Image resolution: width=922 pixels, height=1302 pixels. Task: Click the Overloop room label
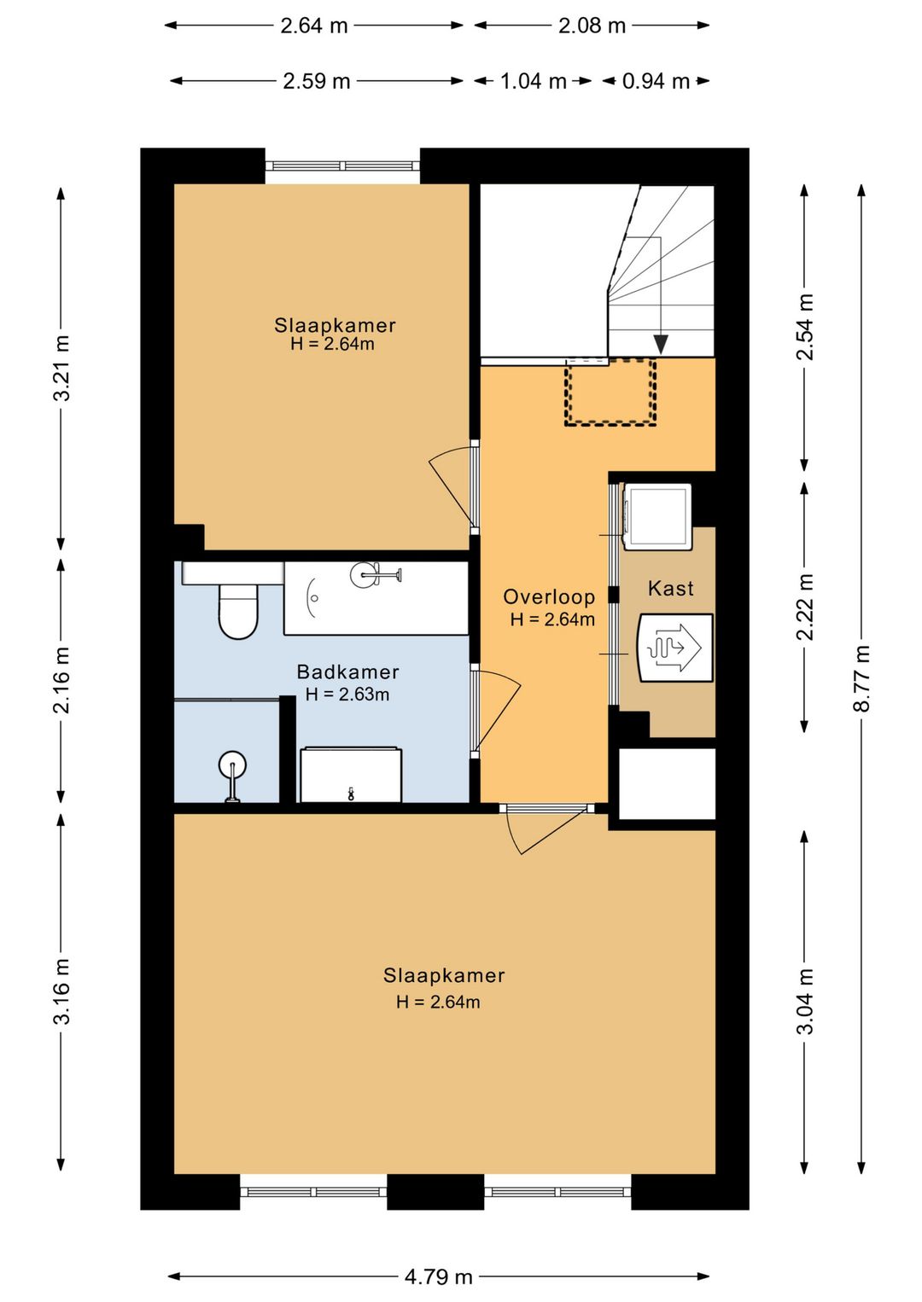[x=549, y=597]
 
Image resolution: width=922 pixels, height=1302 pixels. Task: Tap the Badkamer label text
[x=347, y=672]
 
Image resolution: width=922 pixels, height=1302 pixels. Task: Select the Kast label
[x=671, y=588]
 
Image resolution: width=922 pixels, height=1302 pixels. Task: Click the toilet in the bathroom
[x=238, y=611]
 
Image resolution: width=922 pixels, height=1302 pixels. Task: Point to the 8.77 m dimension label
[x=861, y=678]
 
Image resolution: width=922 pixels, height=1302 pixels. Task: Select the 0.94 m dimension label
[x=656, y=81]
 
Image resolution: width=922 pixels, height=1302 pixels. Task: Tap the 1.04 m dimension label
[x=533, y=81]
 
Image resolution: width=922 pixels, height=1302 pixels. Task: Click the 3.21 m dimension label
[x=61, y=368]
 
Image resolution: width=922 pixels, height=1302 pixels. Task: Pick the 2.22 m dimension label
[x=804, y=607]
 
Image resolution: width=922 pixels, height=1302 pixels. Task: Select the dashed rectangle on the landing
[x=610, y=392]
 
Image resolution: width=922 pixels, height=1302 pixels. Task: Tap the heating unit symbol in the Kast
[x=675, y=648]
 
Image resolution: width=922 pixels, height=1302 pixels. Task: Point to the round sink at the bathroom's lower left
[x=232, y=774]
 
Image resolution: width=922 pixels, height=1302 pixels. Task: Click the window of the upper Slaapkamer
[x=342, y=166]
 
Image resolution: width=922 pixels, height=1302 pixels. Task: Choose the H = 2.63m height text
[x=347, y=694]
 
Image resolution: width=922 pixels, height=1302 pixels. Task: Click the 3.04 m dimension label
[x=804, y=1001]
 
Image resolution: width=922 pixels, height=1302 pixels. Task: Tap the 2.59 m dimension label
[x=317, y=81]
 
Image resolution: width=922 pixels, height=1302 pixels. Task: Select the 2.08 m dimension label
[x=592, y=26]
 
